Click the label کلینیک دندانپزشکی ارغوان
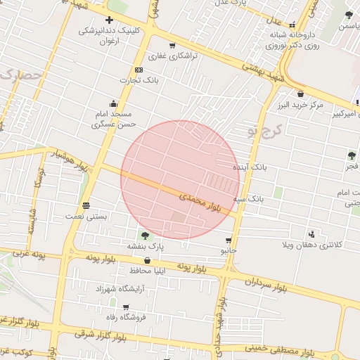(x=110, y=36)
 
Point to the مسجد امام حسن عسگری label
(x=112, y=119)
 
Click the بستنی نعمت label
(x=86, y=217)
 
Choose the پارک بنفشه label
(x=145, y=247)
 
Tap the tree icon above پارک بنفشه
(x=145, y=236)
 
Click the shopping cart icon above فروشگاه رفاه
(x=126, y=307)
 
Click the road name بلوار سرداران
(x=266, y=285)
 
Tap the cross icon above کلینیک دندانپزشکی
(x=109, y=20)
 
